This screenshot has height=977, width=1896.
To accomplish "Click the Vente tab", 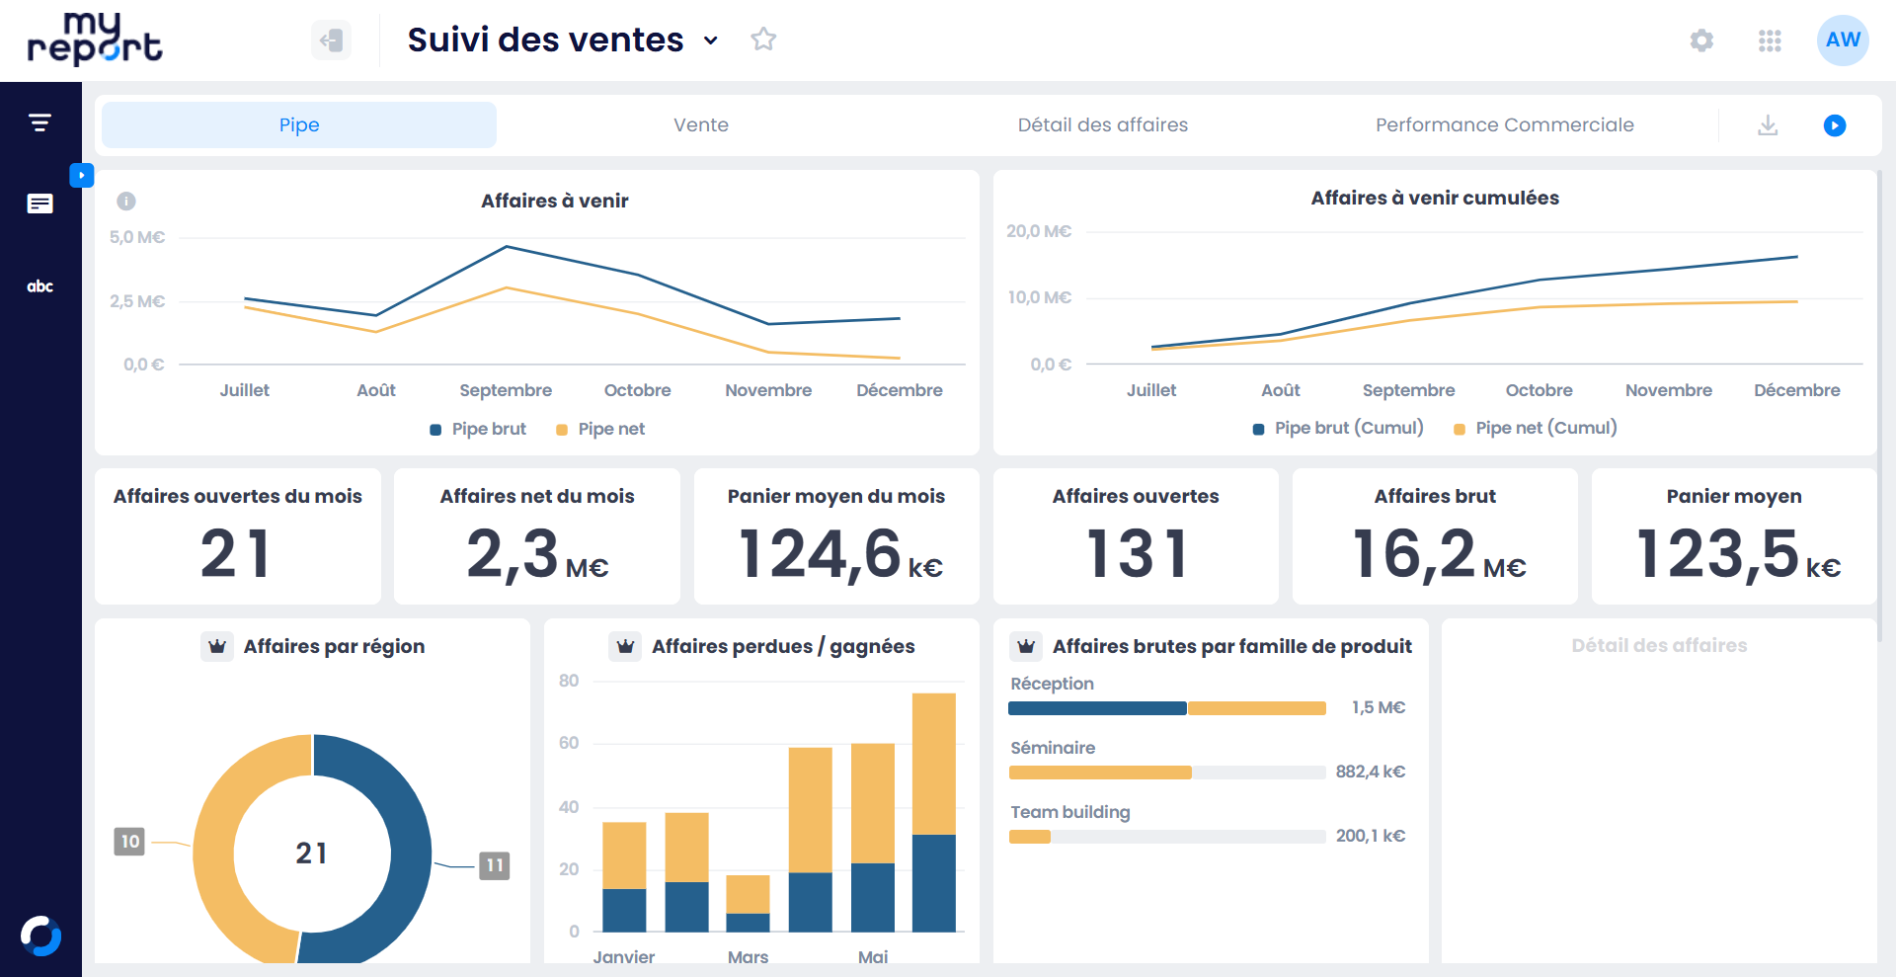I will (x=700, y=125).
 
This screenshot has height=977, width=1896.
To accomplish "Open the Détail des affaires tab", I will (x=1102, y=125).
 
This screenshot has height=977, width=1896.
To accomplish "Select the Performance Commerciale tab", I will (x=1504, y=125).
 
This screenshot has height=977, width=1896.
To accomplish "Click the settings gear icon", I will (x=1701, y=41).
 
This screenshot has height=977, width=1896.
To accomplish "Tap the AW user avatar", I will (x=1842, y=41).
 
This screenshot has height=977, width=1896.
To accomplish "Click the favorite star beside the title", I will (x=763, y=40).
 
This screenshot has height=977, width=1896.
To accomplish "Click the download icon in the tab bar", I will (x=1768, y=125).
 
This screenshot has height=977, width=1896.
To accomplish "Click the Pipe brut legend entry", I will (x=479, y=429).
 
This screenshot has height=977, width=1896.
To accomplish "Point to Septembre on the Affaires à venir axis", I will (x=506, y=390).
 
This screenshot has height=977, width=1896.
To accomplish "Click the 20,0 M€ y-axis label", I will (x=1039, y=231).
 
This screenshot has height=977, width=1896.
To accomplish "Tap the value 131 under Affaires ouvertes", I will (x=1136, y=553).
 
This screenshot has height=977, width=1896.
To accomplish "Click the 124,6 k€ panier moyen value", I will (x=839, y=555).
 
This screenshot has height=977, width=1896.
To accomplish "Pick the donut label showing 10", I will (x=129, y=842).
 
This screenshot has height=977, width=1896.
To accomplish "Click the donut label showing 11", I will (x=495, y=865).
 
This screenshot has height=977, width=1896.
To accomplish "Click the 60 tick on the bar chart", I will (x=569, y=743).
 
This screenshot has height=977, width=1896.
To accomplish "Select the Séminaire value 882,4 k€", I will (x=1370, y=772).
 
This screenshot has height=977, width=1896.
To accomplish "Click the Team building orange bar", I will (x=1029, y=837).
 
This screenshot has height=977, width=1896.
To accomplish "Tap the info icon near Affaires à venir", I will (x=126, y=202).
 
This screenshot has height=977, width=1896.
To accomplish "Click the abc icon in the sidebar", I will (x=40, y=286).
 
